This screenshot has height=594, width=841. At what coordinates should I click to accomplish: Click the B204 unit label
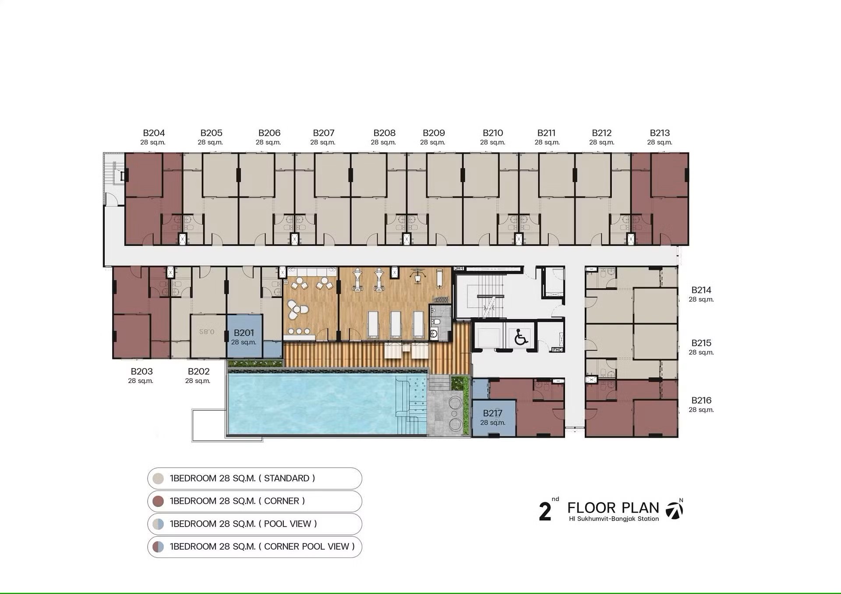(x=154, y=133)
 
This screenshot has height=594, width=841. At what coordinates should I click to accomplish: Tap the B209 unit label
(x=434, y=133)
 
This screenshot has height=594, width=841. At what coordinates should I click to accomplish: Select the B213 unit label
(x=660, y=133)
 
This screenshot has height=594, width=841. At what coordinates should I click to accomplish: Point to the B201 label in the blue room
(x=244, y=333)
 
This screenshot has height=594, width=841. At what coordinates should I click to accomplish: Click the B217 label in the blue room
(x=492, y=413)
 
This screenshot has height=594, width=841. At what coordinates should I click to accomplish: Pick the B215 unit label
(x=701, y=343)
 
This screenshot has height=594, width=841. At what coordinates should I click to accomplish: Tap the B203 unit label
(x=141, y=371)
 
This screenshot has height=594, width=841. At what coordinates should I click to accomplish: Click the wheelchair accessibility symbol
(x=521, y=337)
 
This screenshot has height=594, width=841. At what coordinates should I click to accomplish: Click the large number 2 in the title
(x=545, y=511)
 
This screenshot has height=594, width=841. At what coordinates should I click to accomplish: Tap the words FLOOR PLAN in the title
(x=613, y=508)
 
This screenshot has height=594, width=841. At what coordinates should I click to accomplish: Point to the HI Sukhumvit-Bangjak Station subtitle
(x=614, y=519)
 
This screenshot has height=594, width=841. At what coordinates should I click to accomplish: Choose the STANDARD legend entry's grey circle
(x=158, y=478)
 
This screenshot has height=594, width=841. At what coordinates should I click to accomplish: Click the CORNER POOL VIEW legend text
(x=262, y=546)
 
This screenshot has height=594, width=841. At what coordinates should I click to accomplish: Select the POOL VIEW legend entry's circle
(x=158, y=524)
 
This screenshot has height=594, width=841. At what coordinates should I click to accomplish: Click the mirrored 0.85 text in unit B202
(x=207, y=332)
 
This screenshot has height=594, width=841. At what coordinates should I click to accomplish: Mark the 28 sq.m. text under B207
(x=323, y=142)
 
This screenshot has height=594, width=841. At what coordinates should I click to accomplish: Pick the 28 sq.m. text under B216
(x=701, y=410)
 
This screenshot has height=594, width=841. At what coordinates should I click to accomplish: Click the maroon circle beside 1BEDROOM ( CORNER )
(x=158, y=501)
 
